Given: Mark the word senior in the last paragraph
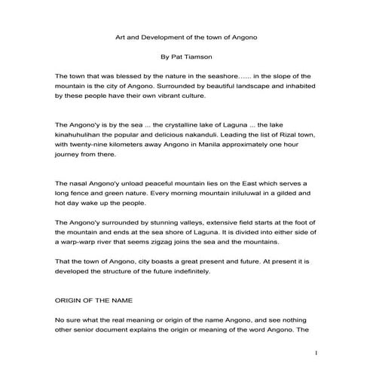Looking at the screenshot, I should point(84,330).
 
